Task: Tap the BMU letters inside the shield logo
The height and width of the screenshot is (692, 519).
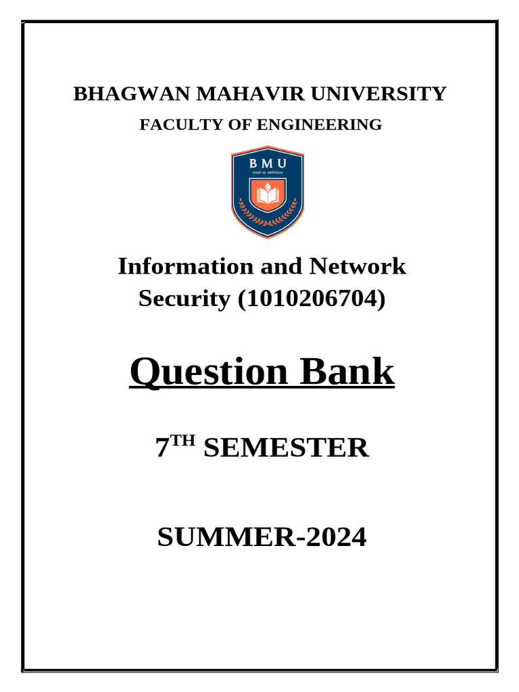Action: point(268,164)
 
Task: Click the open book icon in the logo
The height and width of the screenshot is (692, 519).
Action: point(268,197)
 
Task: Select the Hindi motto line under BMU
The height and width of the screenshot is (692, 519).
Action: point(268,174)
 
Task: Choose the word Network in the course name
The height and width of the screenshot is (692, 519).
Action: point(357,267)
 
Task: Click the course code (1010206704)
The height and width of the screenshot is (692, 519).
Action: point(311,298)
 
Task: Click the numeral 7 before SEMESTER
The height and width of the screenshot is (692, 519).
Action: point(162,449)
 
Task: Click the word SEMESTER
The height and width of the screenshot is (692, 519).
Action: point(286,449)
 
